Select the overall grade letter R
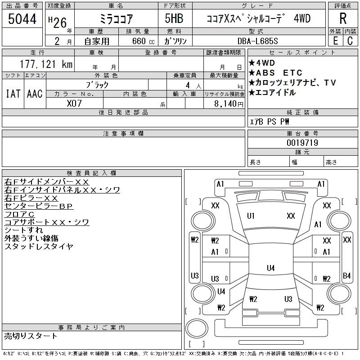pyautogui.click(x=342, y=19)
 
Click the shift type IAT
pyautogui.click(x=13, y=94)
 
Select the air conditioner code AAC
pyautogui.click(x=35, y=94)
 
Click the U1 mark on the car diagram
pyautogui.click(x=251, y=216)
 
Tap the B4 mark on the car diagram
pyautogui.click(x=346, y=275)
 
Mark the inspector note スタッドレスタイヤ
pyautogui.click(x=39, y=247)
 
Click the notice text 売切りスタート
pyautogui.click(x=31, y=336)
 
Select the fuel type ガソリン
pyautogui.click(x=176, y=41)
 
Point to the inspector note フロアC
pyautogui.click(x=19, y=214)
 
